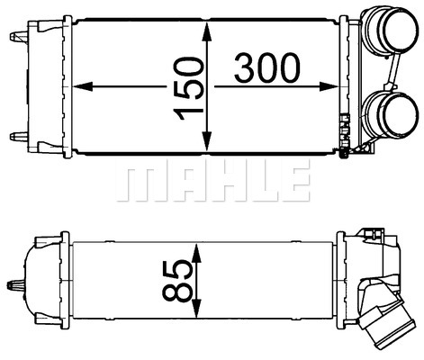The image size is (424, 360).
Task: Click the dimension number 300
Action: click(x=266, y=68)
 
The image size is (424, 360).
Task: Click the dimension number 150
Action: click(x=189, y=88)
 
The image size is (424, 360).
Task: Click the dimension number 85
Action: click(x=177, y=281)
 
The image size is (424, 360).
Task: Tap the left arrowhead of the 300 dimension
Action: click(x=82, y=86)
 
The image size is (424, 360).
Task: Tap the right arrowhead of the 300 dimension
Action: click(x=329, y=86)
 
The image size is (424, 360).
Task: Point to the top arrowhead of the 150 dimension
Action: click(x=207, y=32)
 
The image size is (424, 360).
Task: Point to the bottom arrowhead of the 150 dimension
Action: click(x=207, y=141)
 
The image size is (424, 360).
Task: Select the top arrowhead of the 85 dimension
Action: click(x=195, y=253)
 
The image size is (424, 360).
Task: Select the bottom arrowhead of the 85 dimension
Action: click(x=195, y=308)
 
